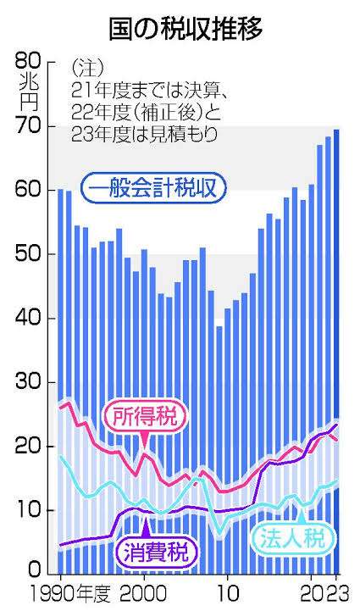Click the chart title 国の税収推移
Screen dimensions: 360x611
coord(186,29)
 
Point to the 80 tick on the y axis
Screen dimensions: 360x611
coord(29,62)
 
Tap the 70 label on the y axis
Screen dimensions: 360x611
coord(29,126)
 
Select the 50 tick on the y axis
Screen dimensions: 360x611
coord(29,254)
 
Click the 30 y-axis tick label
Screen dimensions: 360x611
coord(29,382)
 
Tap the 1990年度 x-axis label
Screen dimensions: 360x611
coord(70,594)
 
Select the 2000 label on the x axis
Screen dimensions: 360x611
coord(144,595)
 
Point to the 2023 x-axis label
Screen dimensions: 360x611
coord(326,595)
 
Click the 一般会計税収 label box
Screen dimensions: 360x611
coord(153,189)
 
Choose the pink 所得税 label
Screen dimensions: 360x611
coord(145,416)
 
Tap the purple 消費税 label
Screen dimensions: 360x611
coord(156,550)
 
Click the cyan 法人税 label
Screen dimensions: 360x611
coord(292,538)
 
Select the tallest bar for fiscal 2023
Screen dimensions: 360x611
coord(336,352)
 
